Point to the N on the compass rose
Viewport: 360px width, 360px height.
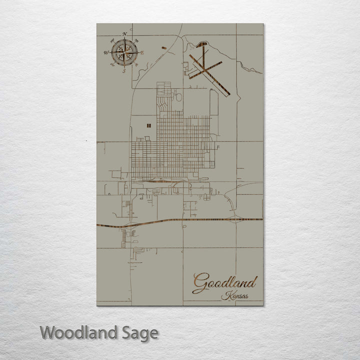(x=124, y=34)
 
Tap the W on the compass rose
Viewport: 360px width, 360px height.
(x=106, y=52)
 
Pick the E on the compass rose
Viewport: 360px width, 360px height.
(x=142, y=52)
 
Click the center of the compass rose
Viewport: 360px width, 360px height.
(x=124, y=52)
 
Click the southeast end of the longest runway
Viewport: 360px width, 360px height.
(x=228, y=93)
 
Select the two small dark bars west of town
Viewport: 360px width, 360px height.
(x=148, y=125)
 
